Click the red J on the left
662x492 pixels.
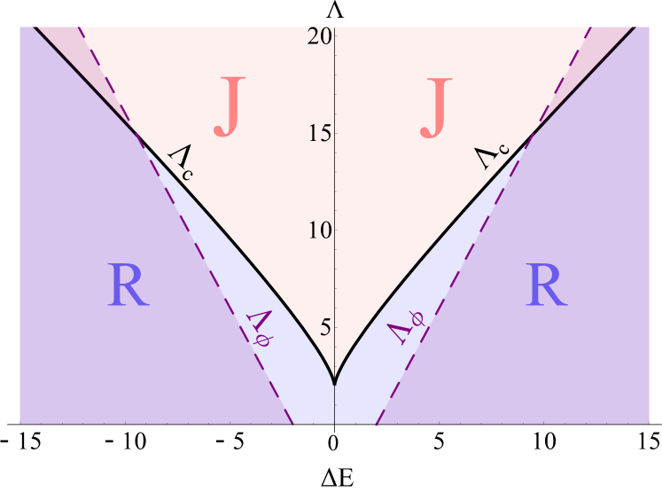(x=229, y=107)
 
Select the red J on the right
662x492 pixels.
(x=437, y=107)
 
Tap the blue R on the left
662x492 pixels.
(x=129, y=286)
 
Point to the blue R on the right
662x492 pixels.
(x=546, y=286)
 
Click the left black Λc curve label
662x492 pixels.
(x=182, y=162)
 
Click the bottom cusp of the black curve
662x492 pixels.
(x=334, y=383)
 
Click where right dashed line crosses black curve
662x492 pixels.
(x=530, y=136)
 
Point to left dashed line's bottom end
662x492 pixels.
(x=293, y=424)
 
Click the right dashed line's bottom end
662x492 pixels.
(x=375, y=424)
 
